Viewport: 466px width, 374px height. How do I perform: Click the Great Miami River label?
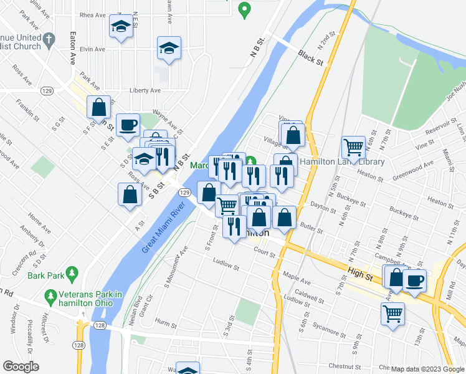point(164,226)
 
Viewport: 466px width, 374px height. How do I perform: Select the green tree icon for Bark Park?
point(72,273)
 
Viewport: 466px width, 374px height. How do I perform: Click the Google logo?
point(21,367)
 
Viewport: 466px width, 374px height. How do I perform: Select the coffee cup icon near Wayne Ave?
point(128,124)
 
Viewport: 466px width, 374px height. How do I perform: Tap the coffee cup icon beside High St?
point(415,279)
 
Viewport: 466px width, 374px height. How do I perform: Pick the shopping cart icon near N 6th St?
point(354,146)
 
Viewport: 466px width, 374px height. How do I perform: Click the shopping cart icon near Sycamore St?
point(393,314)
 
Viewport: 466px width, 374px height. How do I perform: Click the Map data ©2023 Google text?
point(427,369)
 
